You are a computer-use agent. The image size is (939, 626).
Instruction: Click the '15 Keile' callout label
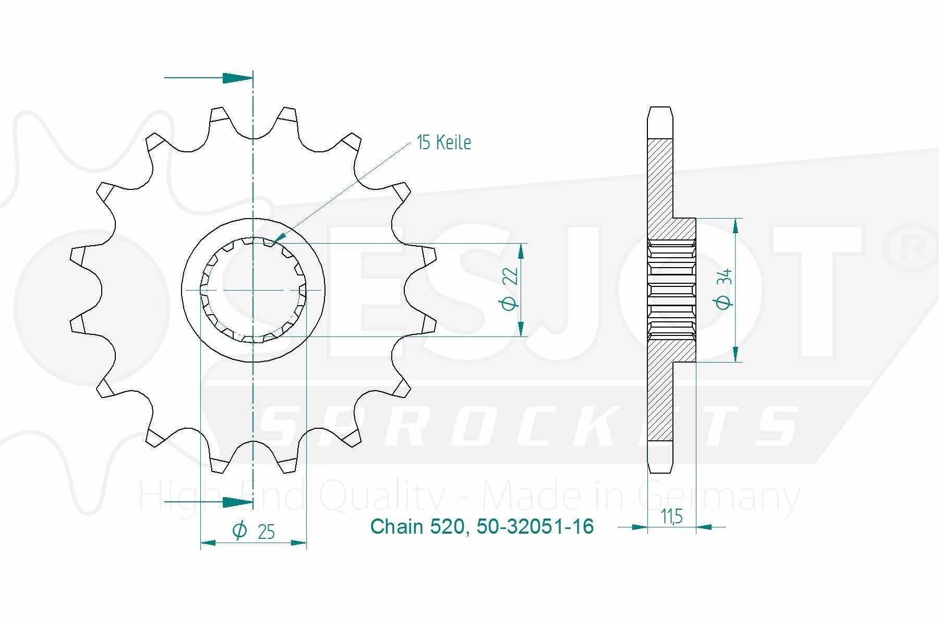point(444,142)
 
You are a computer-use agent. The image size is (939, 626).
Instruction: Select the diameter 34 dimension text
point(724,288)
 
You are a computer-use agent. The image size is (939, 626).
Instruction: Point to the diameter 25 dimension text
point(254,531)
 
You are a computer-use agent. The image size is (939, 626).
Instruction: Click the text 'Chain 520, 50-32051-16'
point(482,526)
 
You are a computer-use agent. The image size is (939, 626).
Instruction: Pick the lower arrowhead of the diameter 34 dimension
point(736,354)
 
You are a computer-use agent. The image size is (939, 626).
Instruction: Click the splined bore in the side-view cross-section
point(672,290)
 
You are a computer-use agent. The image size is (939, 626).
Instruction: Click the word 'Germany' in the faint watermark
point(719,497)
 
